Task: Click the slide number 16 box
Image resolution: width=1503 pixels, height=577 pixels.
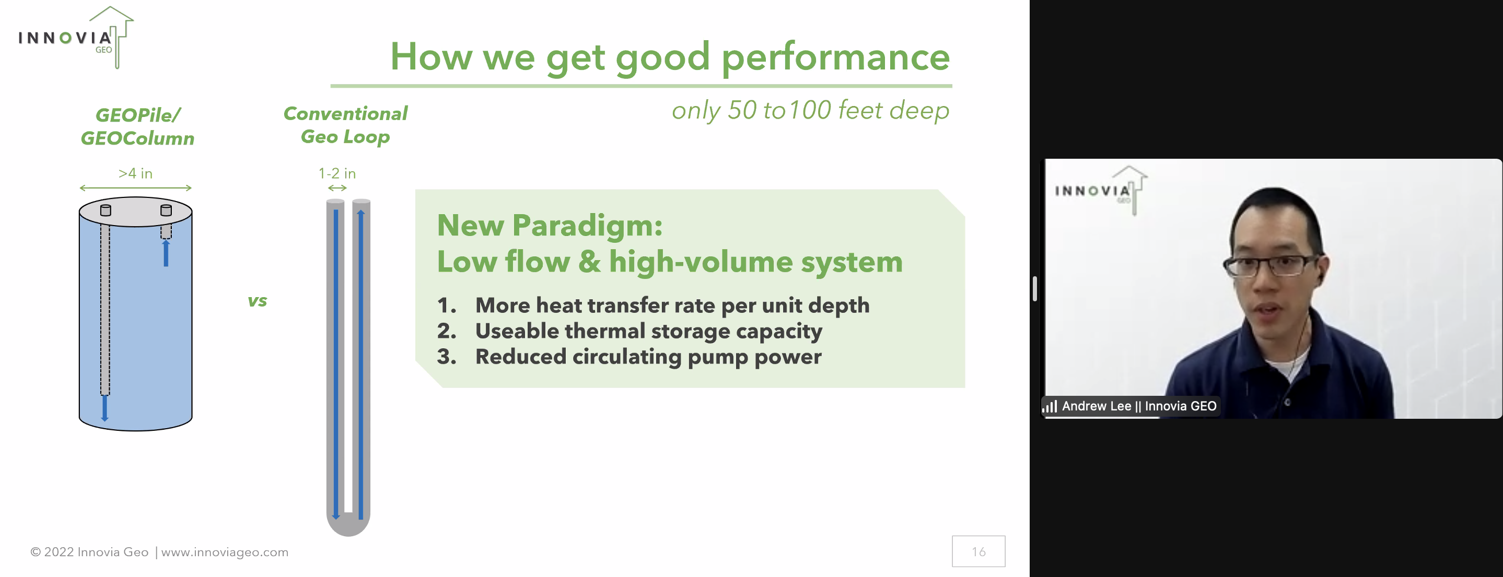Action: tap(978, 551)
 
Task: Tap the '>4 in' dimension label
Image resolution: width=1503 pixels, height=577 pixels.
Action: tap(135, 173)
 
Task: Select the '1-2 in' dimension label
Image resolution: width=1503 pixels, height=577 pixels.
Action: tap(337, 173)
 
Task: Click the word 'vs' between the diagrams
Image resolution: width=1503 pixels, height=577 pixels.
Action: tap(258, 301)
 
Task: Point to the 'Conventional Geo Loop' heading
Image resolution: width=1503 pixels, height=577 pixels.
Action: tap(345, 125)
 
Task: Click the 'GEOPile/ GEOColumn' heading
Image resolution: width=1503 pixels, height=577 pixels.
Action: tap(138, 126)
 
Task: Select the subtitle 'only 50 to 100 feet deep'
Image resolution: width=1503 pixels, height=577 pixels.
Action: tap(810, 110)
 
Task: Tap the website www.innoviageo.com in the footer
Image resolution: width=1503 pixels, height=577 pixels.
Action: tap(225, 552)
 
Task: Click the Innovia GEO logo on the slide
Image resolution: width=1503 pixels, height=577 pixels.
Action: tap(76, 38)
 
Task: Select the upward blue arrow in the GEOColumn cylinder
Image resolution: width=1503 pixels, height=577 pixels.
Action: tap(166, 253)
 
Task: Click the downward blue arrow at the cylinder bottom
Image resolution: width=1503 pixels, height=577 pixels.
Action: tap(105, 408)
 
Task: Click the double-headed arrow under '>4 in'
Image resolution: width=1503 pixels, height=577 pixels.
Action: tap(135, 188)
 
